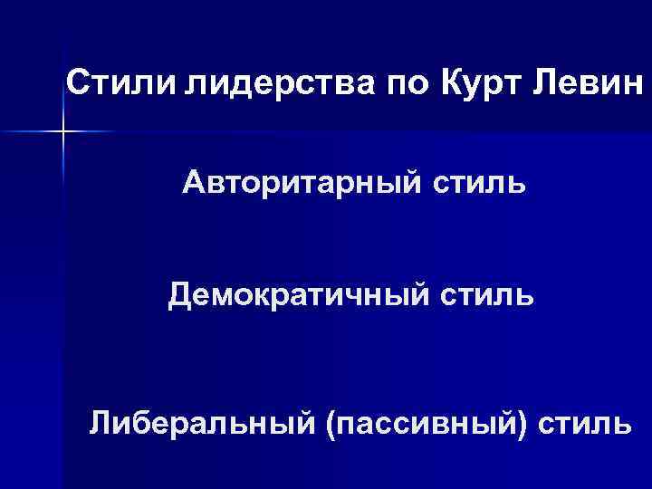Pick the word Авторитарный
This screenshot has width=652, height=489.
(x=299, y=186)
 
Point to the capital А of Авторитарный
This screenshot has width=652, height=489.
(x=194, y=185)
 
